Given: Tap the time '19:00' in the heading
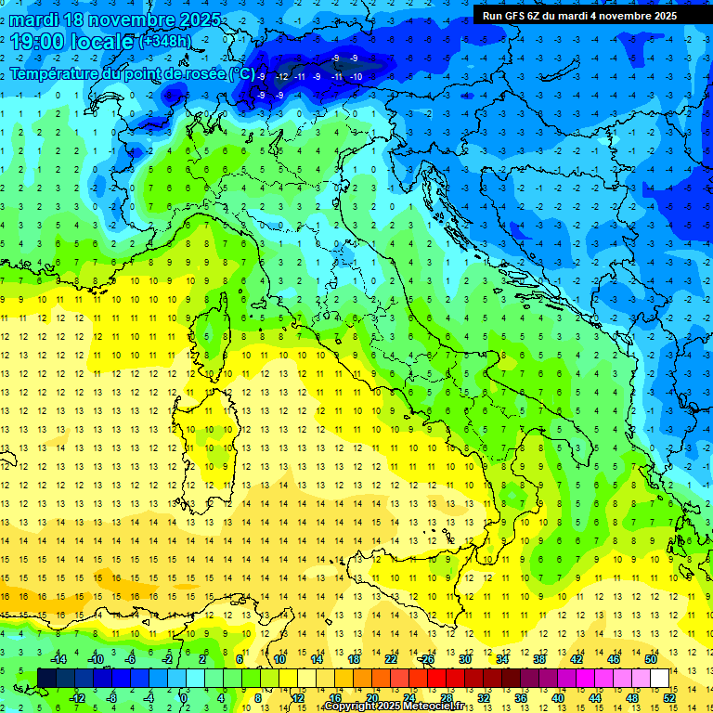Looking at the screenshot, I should click(38, 42).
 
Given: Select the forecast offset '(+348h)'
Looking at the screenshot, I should click(166, 42).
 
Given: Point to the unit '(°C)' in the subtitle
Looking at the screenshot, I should click(242, 73).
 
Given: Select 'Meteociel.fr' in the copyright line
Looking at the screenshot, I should click(428, 707).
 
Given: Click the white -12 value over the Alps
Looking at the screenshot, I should click(282, 76).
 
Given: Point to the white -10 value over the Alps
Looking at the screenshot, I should click(356, 76).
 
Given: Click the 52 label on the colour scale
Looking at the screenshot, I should click(669, 698).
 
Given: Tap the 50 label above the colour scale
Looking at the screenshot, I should click(651, 659).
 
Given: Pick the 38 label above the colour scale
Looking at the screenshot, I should click(539, 659).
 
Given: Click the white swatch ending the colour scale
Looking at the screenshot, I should click(660, 679).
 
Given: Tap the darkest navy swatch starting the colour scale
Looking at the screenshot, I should click(47, 679).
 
